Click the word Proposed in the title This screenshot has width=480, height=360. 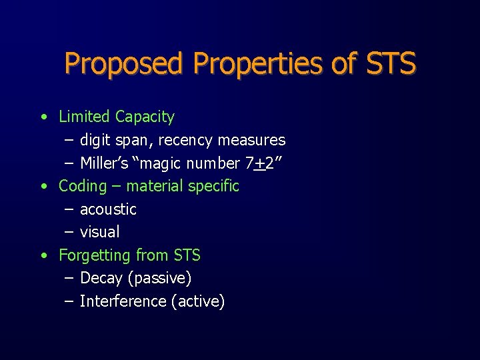[x=125, y=64]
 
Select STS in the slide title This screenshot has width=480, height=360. [x=391, y=64]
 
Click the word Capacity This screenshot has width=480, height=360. [x=145, y=117]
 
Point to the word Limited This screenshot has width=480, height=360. [x=84, y=117]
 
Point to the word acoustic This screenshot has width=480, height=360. [x=108, y=209]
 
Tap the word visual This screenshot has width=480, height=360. [x=99, y=232]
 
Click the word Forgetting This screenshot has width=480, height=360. [x=95, y=255]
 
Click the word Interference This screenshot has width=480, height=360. [x=123, y=301]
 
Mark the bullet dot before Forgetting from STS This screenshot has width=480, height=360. [x=43, y=255]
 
